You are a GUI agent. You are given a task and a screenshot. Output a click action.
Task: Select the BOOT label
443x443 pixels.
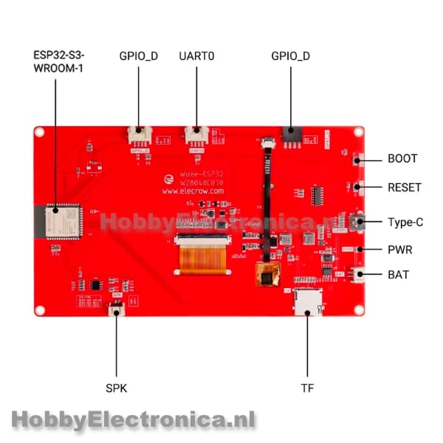pos(402,159)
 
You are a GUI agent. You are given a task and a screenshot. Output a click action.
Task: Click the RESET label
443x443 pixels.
pos(405,188)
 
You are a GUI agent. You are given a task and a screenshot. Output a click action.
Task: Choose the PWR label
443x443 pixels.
pos(399,250)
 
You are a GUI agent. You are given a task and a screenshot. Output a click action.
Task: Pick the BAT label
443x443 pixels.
pos(398,275)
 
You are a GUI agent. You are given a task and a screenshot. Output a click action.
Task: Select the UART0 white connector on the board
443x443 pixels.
pos(196,135)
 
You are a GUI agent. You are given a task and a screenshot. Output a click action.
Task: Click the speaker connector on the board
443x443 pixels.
pos(117,309)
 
